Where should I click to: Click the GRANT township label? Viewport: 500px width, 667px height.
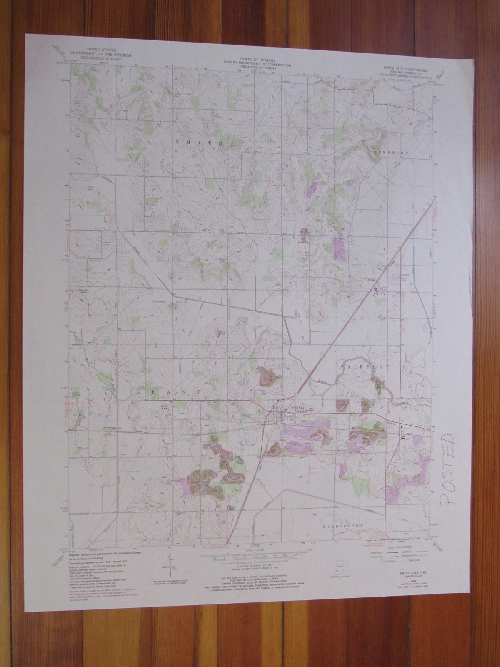coord(168,392)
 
